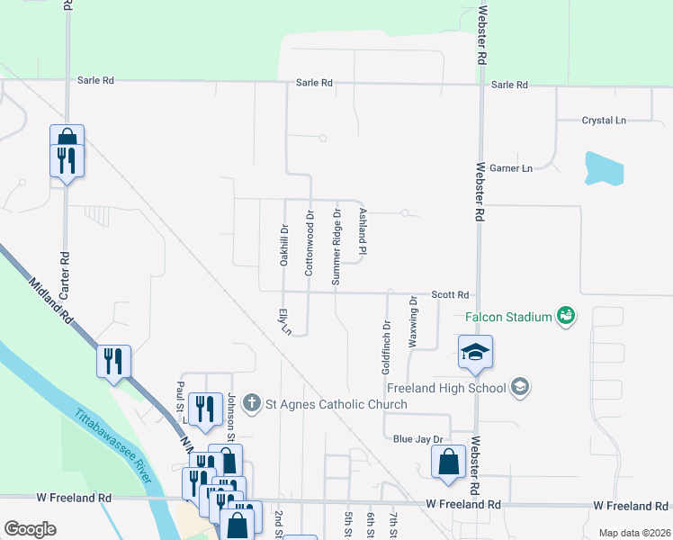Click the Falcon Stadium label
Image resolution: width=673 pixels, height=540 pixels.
click(507, 317)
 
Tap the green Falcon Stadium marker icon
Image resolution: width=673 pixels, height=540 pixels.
click(566, 315)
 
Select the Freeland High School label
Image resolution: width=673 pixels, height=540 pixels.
click(446, 388)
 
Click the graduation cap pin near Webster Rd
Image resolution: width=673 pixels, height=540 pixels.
click(475, 352)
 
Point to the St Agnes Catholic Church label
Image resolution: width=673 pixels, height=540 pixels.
click(336, 404)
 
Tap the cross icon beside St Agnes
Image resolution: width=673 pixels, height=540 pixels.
click(254, 403)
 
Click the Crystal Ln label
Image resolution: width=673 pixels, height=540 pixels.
click(603, 121)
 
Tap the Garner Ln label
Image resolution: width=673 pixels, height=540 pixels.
click(516, 168)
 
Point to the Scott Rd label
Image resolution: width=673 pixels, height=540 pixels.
click(451, 294)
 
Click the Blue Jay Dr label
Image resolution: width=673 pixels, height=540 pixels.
click(419, 439)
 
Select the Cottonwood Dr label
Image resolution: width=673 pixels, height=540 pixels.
click(309, 244)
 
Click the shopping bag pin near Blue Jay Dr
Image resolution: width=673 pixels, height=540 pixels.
click(448, 463)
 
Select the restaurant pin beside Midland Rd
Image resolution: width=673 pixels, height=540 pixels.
click(114, 362)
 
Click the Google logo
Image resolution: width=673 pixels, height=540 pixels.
click(30, 529)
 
